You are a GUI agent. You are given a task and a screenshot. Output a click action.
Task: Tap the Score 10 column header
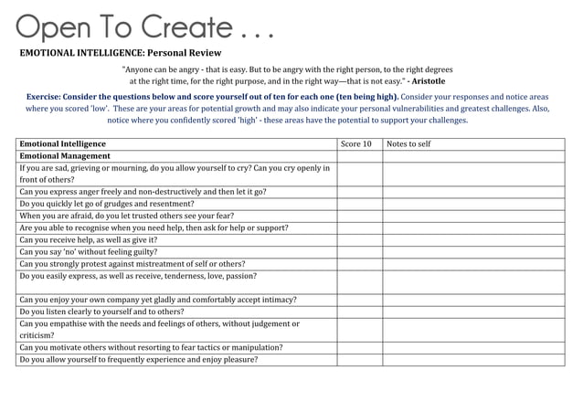click(x=355, y=144)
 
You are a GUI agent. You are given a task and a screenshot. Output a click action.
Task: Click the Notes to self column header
click(x=408, y=144)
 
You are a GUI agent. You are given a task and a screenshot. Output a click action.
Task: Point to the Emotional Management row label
click(x=65, y=156)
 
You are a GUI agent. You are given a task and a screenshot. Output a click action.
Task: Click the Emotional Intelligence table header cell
click(x=62, y=144)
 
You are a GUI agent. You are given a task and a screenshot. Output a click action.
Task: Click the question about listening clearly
click(x=101, y=312)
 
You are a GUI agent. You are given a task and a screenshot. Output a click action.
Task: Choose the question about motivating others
click(x=151, y=347)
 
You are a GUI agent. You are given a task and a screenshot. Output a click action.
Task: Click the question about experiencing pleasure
click(x=138, y=359)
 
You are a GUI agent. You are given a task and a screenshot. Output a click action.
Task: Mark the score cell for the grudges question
click(x=359, y=204)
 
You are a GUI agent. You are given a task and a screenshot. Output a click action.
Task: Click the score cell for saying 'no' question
click(x=359, y=252)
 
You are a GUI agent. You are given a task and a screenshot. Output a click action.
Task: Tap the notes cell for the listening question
click(x=472, y=312)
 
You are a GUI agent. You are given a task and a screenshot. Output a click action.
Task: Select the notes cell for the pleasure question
click(x=472, y=359)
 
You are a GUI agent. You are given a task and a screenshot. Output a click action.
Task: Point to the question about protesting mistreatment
click(x=132, y=264)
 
